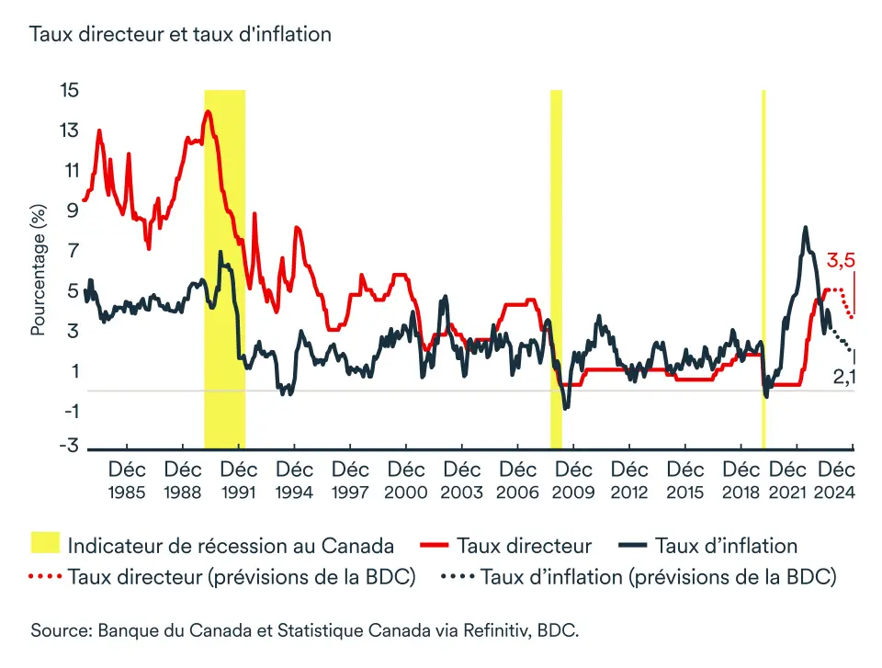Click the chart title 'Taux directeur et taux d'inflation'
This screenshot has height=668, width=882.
(x=180, y=35)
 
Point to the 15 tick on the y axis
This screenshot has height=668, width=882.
(x=70, y=90)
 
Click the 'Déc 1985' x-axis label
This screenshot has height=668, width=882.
(x=127, y=481)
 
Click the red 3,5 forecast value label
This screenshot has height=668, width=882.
(x=841, y=261)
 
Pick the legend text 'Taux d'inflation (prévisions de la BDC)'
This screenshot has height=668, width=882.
(x=658, y=577)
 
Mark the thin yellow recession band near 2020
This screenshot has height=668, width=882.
(x=763, y=266)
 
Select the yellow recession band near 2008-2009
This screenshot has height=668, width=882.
(x=556, y=266)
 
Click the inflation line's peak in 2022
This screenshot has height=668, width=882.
(x=805, y=227)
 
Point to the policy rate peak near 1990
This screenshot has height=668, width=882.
(x=209, y=112)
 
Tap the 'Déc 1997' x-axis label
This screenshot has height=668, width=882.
(x=350, y=481)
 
